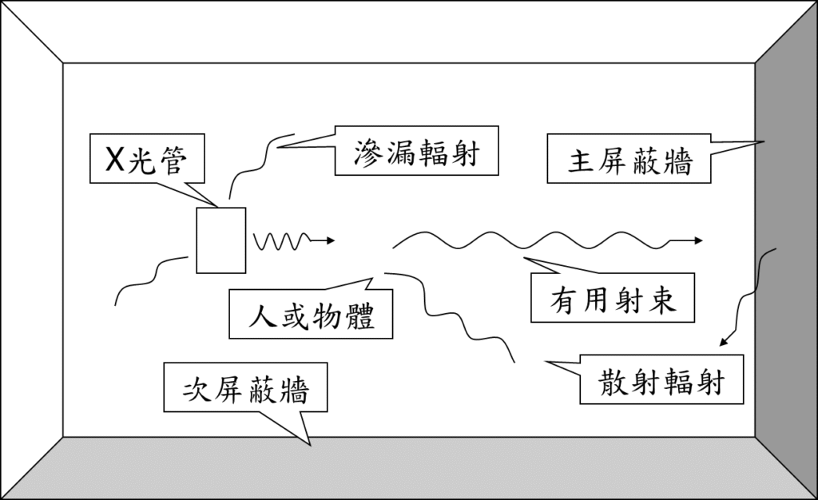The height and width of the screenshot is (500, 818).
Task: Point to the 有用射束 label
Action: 613,300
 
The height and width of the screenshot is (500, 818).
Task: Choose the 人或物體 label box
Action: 311,314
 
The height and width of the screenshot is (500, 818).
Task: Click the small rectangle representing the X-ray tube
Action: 220,240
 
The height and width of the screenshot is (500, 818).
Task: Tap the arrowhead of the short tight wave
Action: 331,240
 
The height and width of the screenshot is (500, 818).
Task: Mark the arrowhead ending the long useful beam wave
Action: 698,240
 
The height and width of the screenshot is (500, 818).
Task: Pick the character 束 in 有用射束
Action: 661,300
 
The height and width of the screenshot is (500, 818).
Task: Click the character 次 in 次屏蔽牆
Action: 197,390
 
